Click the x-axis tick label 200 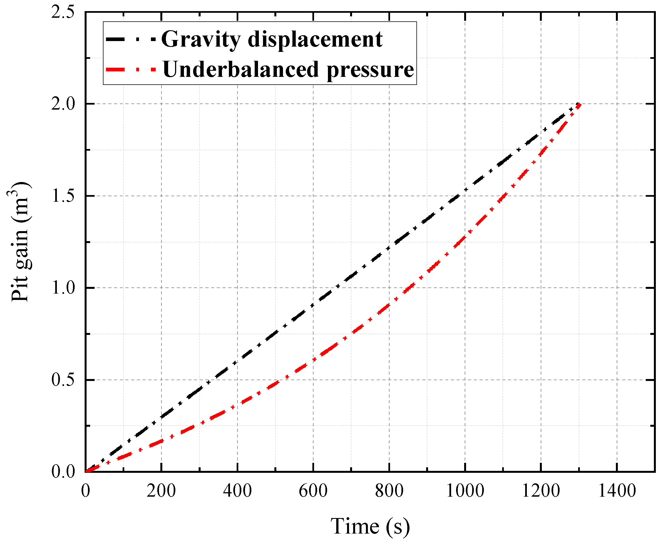(x=161, y=491)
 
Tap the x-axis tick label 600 (x=313, y=491)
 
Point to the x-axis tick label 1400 (x=617, y=491)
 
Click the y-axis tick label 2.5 (x=63, y=12)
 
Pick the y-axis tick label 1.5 (x=63, y=196)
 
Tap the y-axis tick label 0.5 (x=63, y=380)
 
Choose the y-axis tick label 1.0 (x=63, y=288)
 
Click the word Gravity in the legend (x=201, y=40)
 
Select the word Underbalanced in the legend (x=241, y=69)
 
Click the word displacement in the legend (x=315, y=40)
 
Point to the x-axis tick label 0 (x=85, y=491)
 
